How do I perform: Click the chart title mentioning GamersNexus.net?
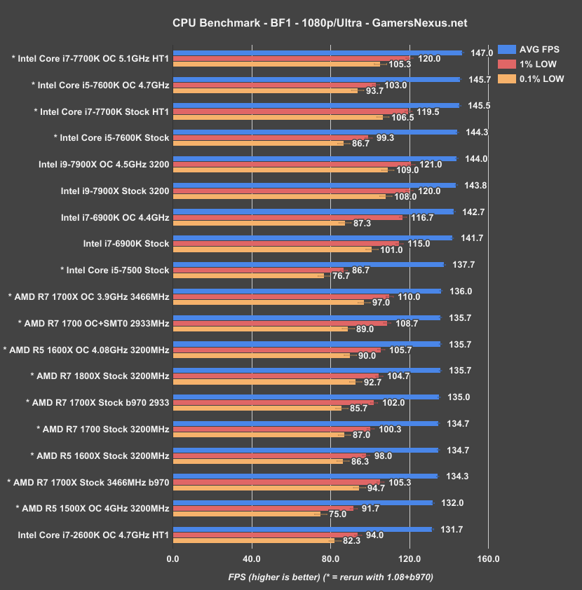pos(290,23)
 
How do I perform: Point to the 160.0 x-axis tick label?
pos(488,558)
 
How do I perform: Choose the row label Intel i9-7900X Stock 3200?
pos(115,191)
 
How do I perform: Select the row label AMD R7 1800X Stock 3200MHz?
pos(100,376)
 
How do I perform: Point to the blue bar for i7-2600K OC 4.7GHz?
pos(302,529)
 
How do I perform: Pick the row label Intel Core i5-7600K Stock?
pos(111,138)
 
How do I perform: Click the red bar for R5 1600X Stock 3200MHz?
pos(269,455)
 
